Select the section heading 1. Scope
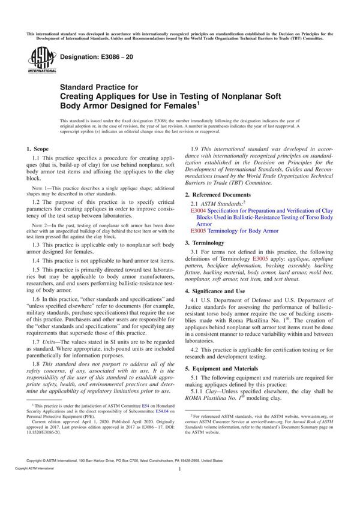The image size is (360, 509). coord(38,148)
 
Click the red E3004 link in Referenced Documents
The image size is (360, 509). coord(197,212)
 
